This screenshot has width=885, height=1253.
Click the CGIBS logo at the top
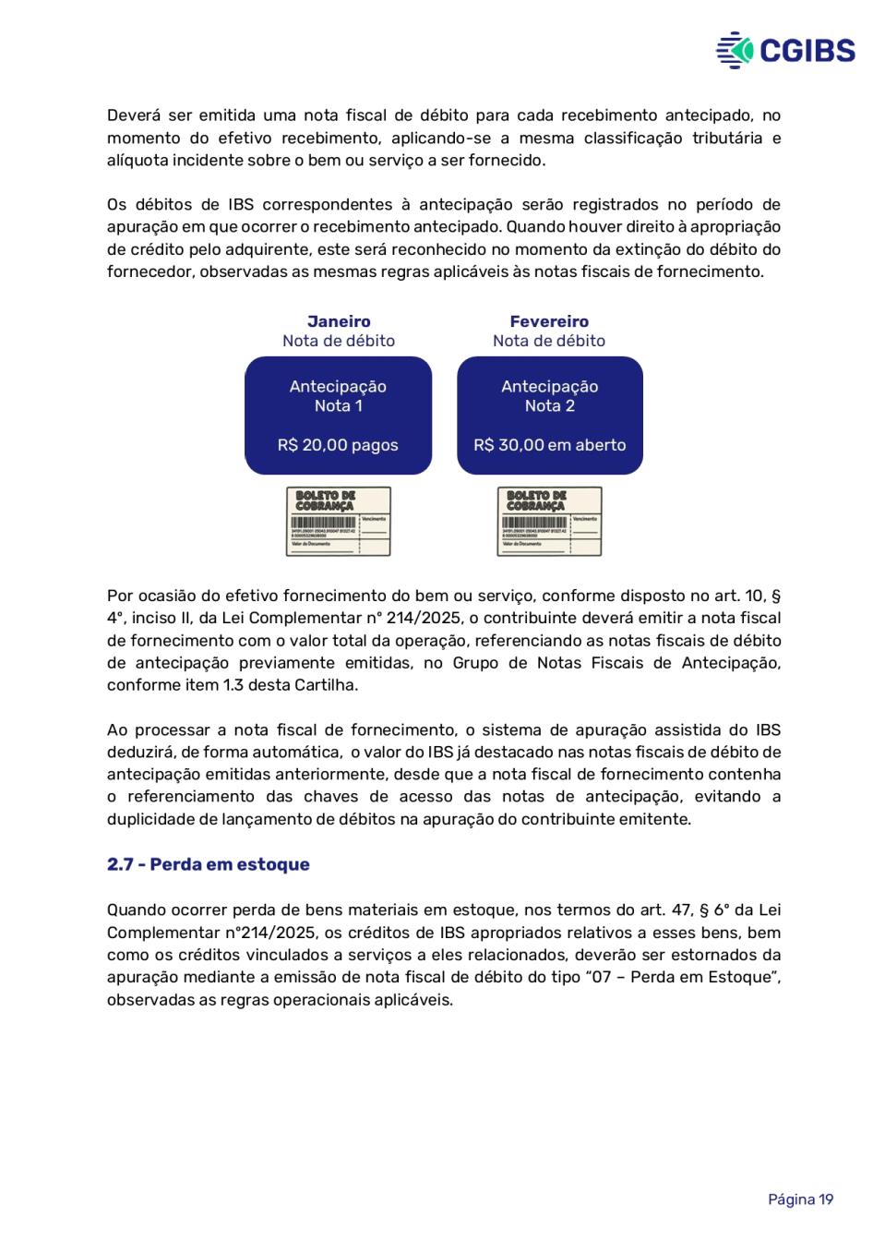coord(785,50)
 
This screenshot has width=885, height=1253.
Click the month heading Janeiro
coord(339,321)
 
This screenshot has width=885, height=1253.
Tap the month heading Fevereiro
coord(549,321)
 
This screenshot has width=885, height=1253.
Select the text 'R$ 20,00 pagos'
coord(338,445)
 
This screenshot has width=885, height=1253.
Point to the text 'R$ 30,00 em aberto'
coord(550,445)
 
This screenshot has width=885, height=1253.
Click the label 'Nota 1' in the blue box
coord(338,405)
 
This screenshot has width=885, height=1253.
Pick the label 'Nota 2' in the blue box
coord(550,405)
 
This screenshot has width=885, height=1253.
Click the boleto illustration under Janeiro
coord(338,522)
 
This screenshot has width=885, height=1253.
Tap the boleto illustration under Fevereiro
coord(549,522)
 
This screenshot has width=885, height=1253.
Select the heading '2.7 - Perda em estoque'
coord(209,864)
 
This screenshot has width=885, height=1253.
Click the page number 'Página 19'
coord(800,1199)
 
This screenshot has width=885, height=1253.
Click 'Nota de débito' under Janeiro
coord(339,341)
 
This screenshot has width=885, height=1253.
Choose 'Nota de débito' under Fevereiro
coord(549,341)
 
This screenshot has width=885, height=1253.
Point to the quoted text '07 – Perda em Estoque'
coord(683,977)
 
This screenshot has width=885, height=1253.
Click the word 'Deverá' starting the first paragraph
coord(134,115)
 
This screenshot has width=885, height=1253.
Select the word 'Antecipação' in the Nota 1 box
coord(338,386)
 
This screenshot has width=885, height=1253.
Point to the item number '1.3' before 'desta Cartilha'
coord(233,685)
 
